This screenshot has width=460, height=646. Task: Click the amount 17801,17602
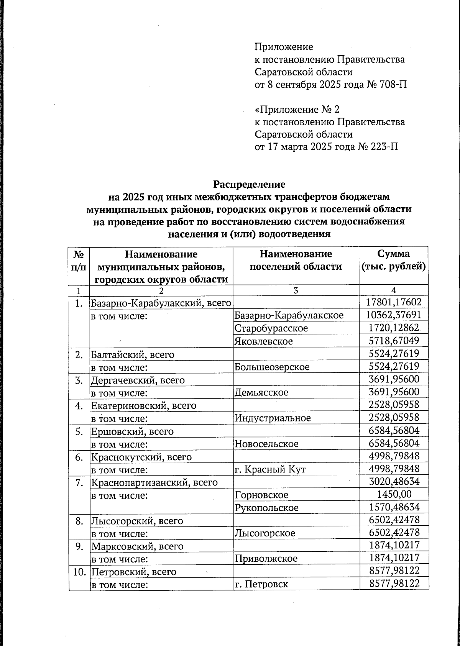pos(394,302)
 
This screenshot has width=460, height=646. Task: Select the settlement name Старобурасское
pos(271,328)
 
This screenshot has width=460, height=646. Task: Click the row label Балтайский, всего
pos(133,354)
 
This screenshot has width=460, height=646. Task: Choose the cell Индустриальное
pos(273,418)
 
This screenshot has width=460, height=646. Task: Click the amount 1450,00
pos(394,494)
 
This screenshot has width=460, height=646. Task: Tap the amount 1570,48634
pos(394,507)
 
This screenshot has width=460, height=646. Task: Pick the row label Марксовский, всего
pos(137,546)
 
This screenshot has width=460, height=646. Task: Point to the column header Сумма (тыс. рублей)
pos(394,260)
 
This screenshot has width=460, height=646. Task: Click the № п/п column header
pos(79,260)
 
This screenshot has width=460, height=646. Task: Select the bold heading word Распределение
pos(249,184)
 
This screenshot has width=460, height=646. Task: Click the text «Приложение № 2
pos(297,110)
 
